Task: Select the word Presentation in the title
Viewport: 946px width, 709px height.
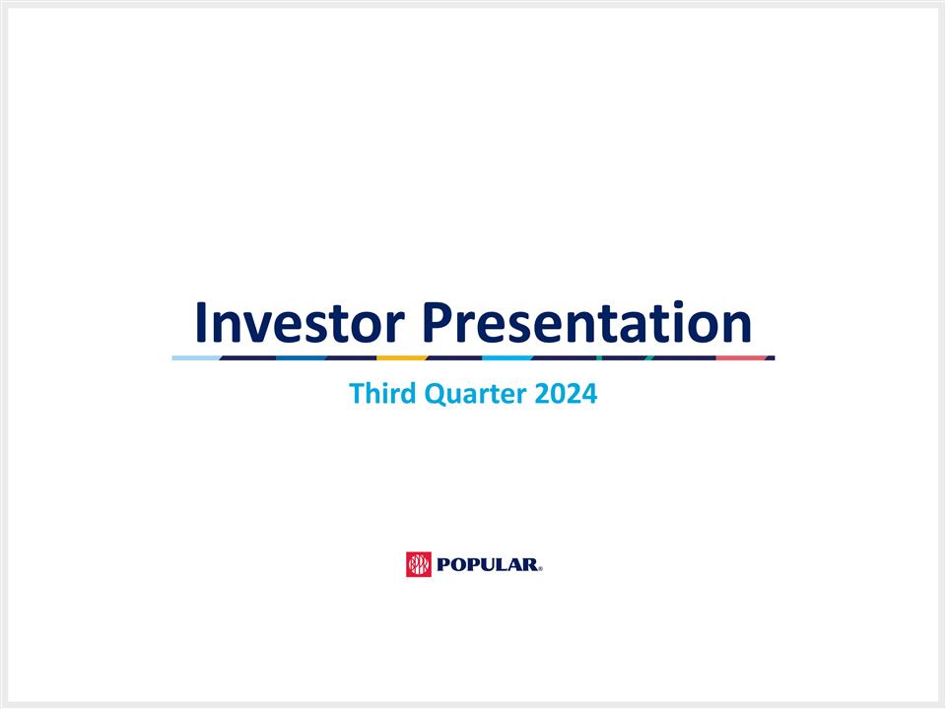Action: [585, 322]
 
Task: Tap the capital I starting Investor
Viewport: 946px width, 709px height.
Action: [200, 322]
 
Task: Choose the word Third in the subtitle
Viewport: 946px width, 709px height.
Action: [383, 394]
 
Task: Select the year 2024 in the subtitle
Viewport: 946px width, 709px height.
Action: [566, 394]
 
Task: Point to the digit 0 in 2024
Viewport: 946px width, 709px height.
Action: [558, 394]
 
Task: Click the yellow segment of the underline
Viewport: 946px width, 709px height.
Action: [401, 357]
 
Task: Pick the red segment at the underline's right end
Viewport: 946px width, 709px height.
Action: [741, 357]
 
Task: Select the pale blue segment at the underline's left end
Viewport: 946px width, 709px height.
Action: [195, 357]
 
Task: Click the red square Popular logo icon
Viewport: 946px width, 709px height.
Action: [419, 564]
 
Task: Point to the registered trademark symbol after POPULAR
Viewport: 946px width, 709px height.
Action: [540, 568]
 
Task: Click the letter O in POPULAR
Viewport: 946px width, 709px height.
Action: [461, 565]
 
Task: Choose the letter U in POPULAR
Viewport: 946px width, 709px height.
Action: [493, 565]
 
